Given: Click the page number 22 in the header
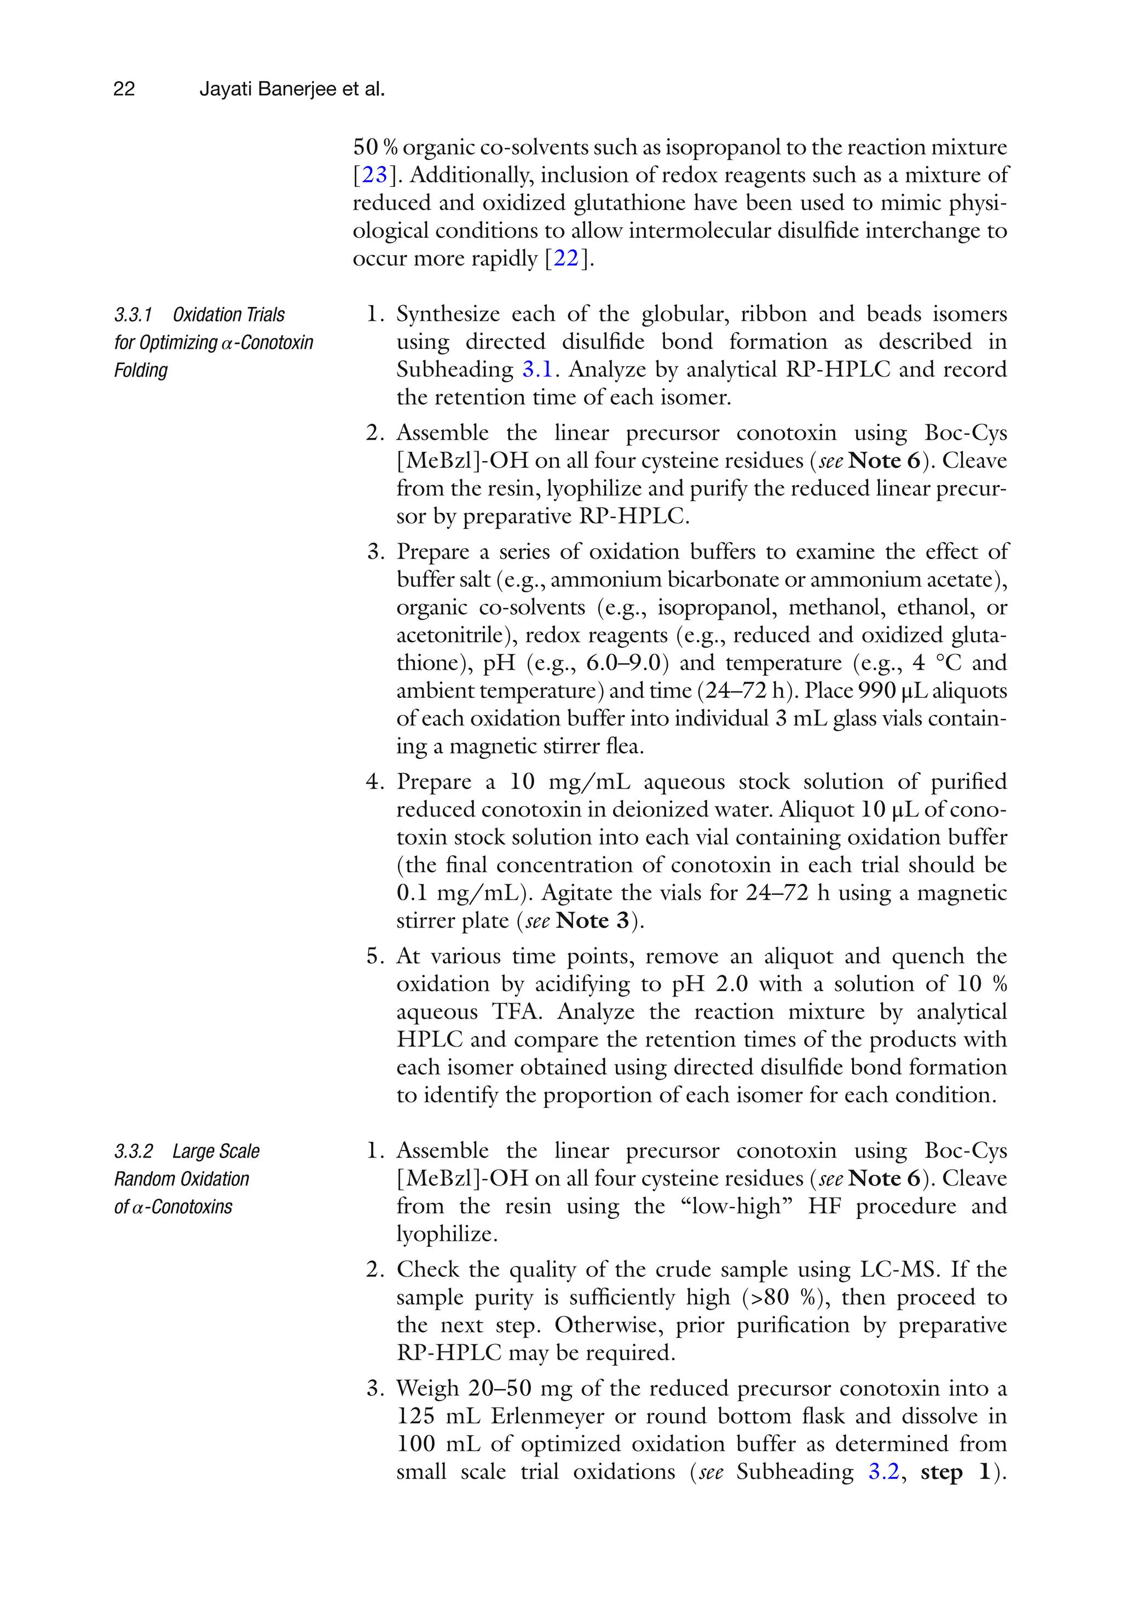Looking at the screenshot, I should [124, 89].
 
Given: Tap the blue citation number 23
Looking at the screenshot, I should [374, 175].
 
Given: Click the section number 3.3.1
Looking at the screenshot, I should [133, 315].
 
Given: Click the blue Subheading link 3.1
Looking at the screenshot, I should [537, 370].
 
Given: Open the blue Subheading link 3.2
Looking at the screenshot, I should [883, 1471].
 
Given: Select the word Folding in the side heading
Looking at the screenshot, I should [141, 370].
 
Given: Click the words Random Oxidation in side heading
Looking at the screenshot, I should [182, 1179].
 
